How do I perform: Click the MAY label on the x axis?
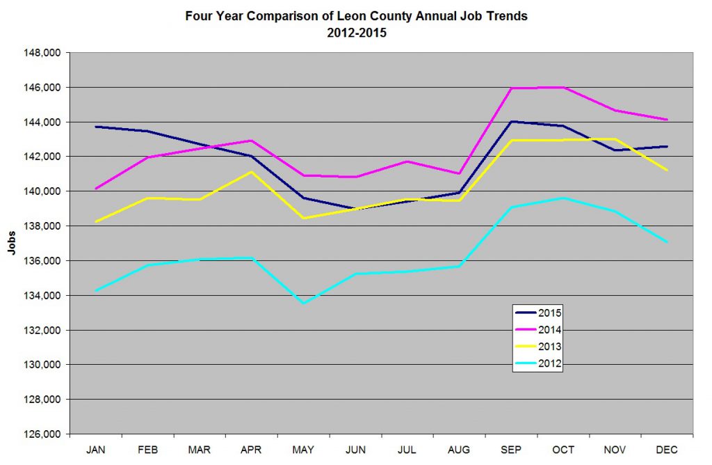pos(303,449)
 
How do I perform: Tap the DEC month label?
pos(667,449)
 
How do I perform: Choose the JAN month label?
pos(96,449)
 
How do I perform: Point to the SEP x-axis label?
pos(511,449)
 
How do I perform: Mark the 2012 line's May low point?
pos(304,303)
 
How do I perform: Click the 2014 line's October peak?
pos(563,87)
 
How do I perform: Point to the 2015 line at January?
pos(96,127)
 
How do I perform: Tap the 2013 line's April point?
pos(252,172)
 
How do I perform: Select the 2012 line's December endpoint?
pos(667,242)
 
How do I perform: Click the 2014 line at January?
pos(96,189)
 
